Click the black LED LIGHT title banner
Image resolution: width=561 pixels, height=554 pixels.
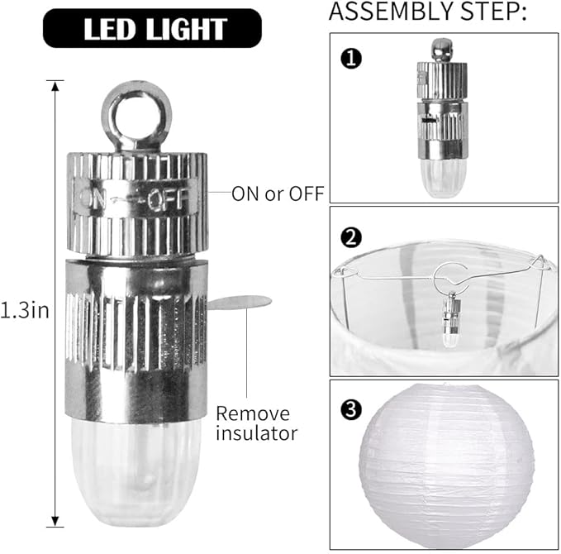pos(152,28)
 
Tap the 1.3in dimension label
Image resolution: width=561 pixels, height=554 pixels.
pos(25,310)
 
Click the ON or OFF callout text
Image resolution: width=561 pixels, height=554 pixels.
pos(278,193)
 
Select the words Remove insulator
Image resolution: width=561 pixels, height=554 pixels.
pos(256,423)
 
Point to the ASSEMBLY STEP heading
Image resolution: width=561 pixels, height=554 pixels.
pos(427,12)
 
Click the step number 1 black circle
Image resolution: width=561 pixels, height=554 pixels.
pos(351,59)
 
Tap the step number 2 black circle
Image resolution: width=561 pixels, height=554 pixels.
pos(351,238)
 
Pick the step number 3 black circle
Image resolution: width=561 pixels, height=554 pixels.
pos(351,409)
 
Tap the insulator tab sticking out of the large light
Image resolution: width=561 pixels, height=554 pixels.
pos(240,302)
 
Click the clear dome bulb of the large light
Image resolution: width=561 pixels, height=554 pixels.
pos(136,473)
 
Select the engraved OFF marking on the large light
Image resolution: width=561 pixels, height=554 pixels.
pos(169,199)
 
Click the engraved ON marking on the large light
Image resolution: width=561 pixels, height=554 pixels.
pos(93,199)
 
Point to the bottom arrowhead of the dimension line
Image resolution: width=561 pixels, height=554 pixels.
pos(55,522)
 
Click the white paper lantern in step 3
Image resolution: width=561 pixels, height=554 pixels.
pos(447,466)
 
